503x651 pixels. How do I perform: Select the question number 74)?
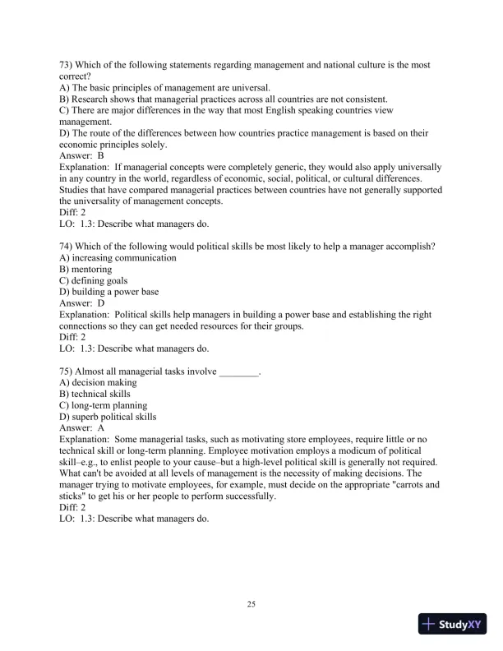pyautogui.click(x=68, y=246)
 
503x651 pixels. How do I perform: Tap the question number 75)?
pyautogui.click(x=68, y=372)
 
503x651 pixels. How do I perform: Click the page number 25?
pyautogui.click(x=251, y=605)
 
